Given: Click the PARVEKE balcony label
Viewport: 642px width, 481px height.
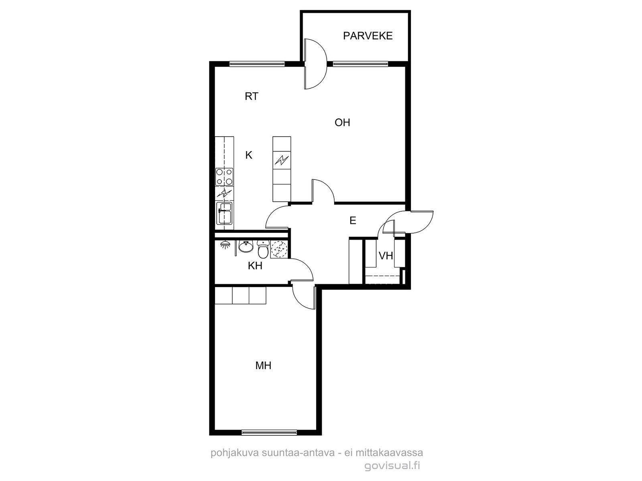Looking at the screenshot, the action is point(368,36).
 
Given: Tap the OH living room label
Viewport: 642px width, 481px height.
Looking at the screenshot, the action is point(342,123).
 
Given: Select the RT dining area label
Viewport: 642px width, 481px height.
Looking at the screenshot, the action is point(251,96).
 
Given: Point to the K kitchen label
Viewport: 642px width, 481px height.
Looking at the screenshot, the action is point(249,156).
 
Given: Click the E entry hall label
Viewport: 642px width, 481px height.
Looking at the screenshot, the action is point(353,220).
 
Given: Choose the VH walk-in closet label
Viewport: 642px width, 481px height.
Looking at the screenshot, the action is point(386,256).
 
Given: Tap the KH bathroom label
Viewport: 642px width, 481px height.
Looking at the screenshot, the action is point(255,266).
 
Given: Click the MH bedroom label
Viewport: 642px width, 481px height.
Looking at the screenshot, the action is point(263,365).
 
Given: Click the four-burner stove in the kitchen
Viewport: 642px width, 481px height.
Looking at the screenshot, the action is point(224,177).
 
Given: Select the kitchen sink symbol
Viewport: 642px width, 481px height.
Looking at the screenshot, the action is point(224,214).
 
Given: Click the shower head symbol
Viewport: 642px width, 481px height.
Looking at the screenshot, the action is point(225,245).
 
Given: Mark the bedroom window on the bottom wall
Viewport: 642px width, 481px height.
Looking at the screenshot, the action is point(269,432).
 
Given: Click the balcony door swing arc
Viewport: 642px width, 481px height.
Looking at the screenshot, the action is point(322,64).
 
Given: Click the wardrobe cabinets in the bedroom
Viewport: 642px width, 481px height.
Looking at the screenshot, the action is point(240,295).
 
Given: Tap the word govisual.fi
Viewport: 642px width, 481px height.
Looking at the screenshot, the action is point(392,465).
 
